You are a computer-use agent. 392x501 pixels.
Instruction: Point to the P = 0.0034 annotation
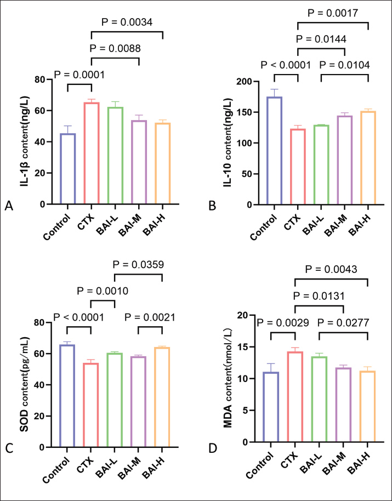127,21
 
